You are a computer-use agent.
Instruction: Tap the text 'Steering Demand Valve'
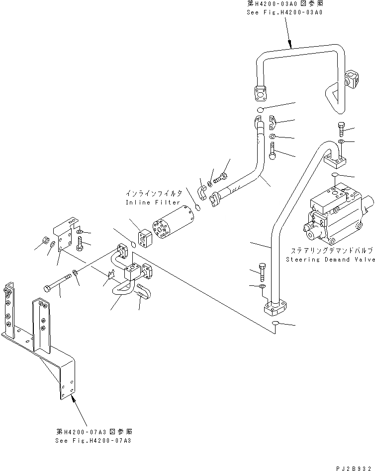pyautogui.click(x=330, y=260)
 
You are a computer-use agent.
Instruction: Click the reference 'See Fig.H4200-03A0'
pyautogui.click(x=284, y=12)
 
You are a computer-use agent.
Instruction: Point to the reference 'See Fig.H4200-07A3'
pyautogui.click(x=94, y=440)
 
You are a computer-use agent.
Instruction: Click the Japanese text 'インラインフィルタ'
pyautogui.click(x=153, y=193)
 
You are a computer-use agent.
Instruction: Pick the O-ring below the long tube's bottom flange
pyautogui.click(x=275, y=325)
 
